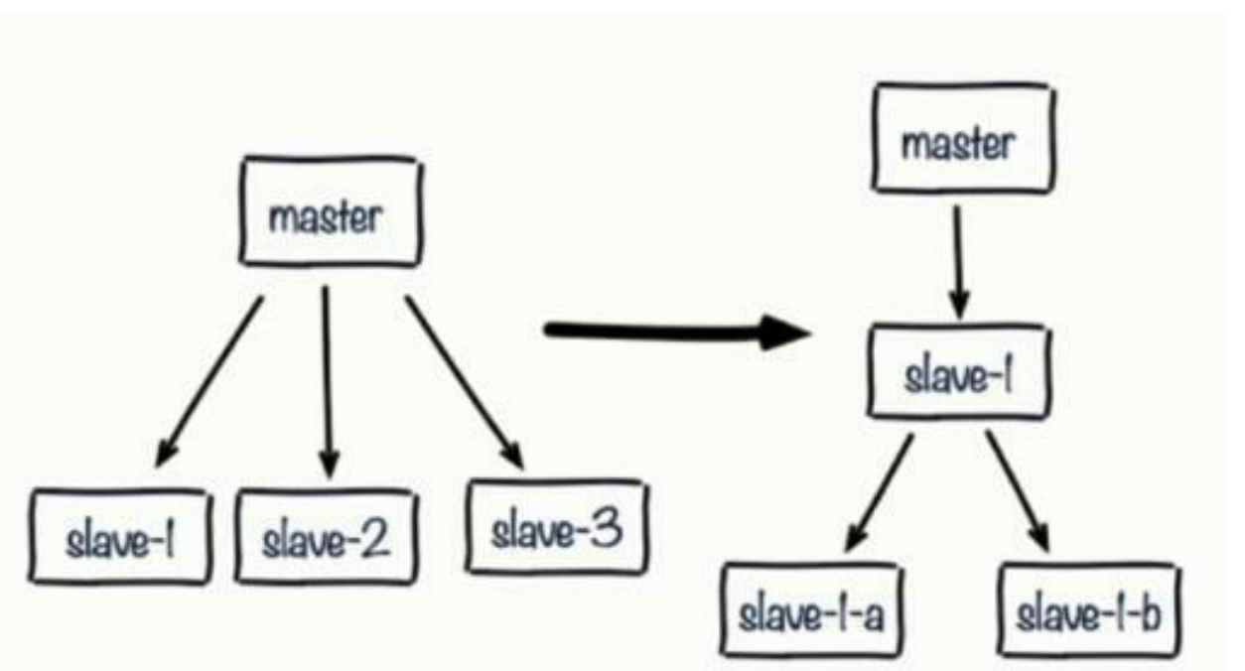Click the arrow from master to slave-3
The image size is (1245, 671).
pyautogui.click(x=462, y=382)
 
